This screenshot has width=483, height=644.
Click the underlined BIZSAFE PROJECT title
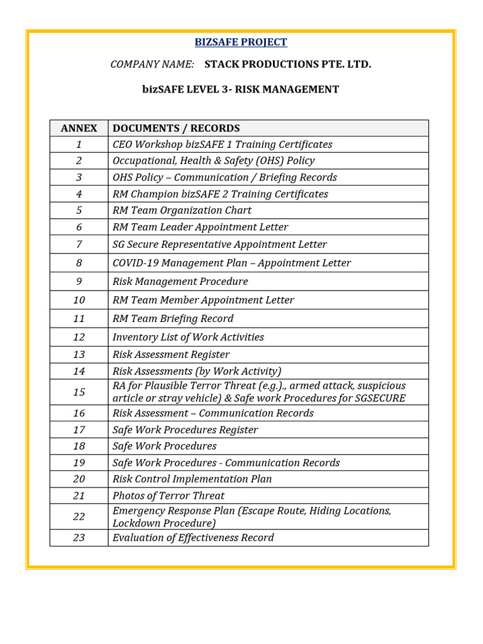pos(241,42)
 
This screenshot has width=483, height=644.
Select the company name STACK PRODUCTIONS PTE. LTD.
pos(287,64)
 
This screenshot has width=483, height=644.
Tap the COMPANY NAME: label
pos(152,64)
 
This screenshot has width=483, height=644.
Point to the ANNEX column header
pos(79,128)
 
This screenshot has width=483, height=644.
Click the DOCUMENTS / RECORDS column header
pos(176,128)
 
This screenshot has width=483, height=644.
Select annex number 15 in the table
pos(79,392)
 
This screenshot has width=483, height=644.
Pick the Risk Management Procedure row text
pos(180,281)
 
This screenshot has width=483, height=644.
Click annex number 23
pos(79,538)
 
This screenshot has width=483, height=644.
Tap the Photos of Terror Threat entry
pos(169,496)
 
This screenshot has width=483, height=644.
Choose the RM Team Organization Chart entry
pos(182,210)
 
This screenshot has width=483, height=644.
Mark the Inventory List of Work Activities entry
pos(188,337)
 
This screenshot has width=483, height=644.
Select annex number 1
pos(79,145)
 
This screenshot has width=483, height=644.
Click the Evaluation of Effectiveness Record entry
pos(193,538)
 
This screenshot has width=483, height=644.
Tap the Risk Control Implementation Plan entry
pos(192,479)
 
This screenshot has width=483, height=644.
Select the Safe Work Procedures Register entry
pos(185,430)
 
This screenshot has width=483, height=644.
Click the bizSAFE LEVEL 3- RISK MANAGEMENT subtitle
pos(241,89)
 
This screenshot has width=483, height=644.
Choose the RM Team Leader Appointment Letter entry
pos(200,227)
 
